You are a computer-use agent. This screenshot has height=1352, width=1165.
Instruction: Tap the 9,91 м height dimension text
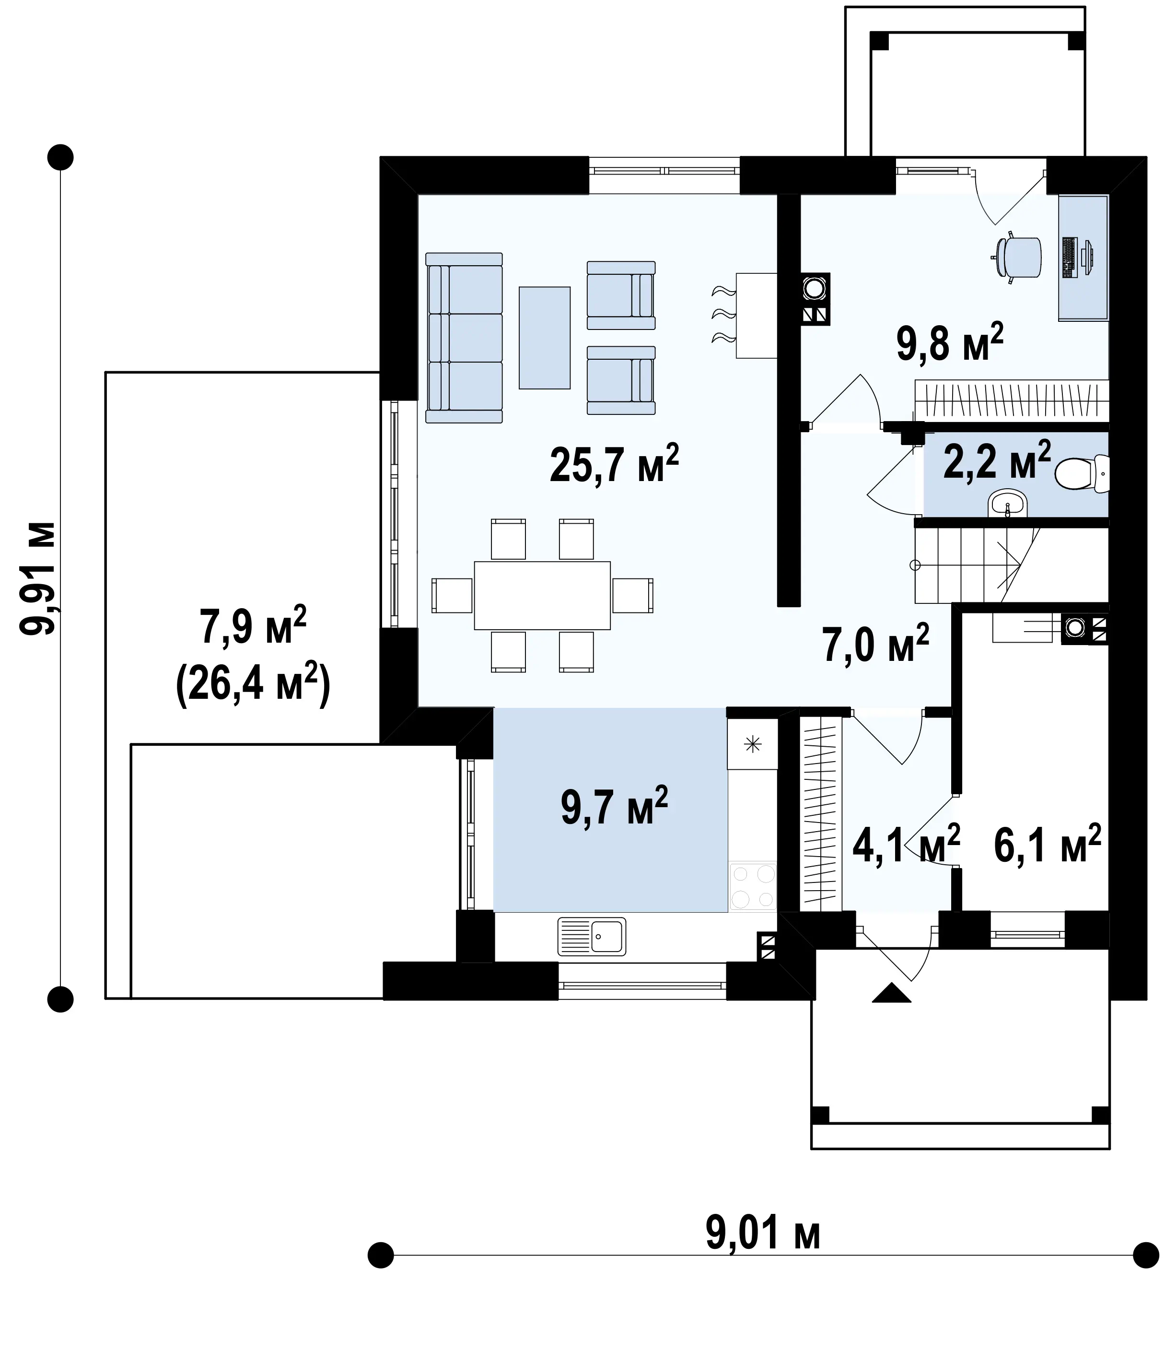pyautogui.click(x=37, y=578)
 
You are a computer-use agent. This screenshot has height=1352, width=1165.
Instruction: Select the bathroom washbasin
pyautogui.click(x=1008, y=504)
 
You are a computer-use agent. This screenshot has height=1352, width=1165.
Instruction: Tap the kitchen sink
pyautogui.click(x=592, y=936)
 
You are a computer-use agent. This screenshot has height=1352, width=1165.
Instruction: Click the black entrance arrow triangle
pyautogui.click(x=891, y=1011)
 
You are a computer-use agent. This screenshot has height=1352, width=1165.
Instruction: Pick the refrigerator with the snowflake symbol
pyautogui.click(x=753, y=744)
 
